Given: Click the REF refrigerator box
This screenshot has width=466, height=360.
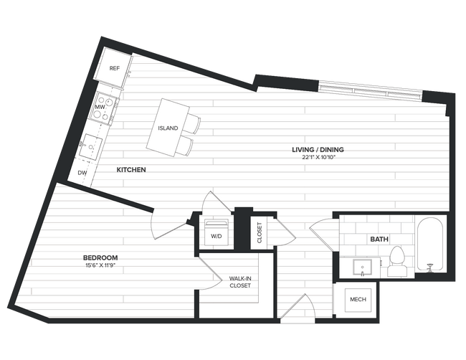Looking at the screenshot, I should (114, 69).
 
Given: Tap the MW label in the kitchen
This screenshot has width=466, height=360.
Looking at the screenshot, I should (100, 108).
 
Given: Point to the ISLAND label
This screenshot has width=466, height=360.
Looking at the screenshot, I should (168, 128).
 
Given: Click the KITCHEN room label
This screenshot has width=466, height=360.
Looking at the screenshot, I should (132, 170).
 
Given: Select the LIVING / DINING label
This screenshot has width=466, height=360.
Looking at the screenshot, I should (318, 150).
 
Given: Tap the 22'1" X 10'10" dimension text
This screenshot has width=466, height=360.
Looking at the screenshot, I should (318, 158).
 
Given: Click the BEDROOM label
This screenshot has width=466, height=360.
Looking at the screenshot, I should (100, 257).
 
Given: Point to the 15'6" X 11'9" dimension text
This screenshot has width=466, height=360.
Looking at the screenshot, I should (100, 265).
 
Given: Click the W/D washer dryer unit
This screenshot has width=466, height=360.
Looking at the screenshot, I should (216, 232).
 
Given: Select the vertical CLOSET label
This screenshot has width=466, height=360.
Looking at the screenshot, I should (260, 232).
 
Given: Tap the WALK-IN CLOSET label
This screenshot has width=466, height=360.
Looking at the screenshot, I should (240, 281).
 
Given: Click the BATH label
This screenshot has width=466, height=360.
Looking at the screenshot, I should (379, 239).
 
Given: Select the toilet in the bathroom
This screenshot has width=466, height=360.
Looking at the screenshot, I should (396, 262).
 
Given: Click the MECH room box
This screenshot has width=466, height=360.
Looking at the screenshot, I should (357, 299).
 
